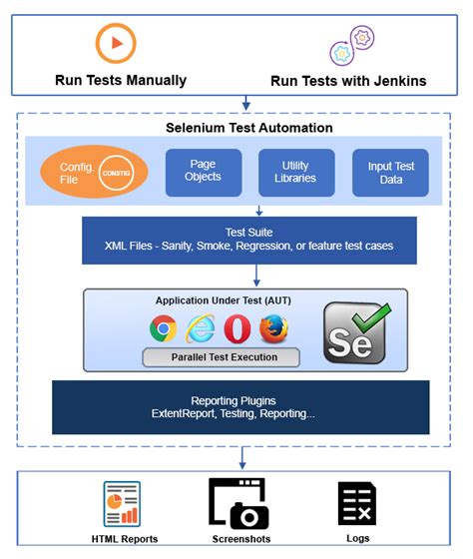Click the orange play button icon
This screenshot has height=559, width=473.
[x=115, y=43]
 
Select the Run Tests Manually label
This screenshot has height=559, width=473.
[x=120, y=80]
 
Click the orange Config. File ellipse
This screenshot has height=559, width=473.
[x=95, y=173]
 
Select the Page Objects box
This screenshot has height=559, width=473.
[x=204, y=173]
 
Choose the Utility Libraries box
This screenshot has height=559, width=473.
[x=296, y=173]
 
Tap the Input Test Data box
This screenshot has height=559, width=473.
[x=390, y=173]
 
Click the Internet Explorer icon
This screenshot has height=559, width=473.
[x=200, y=327]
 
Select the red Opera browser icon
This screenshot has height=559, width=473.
[x=236, y=327]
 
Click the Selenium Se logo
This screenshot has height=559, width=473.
[x=356, y=331]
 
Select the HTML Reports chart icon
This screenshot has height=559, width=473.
[x=122, y=504]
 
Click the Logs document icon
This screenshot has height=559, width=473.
[x=356, y=503]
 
